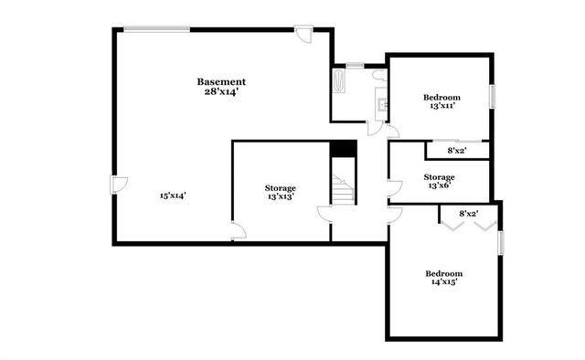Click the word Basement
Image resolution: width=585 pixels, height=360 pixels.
pyautogui.click(x=221, y=82)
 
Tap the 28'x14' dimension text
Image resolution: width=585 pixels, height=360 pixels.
pyautogui.click(x=221, y=92)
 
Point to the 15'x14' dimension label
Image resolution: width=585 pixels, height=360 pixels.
pyautogui.click(x=172, y=196)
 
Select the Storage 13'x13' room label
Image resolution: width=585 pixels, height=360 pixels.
pyautogui.click(x=281, y=192)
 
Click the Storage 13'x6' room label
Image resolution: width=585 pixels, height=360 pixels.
pyautogui.click(x=439, y=181)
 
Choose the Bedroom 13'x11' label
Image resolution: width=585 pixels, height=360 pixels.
pyautogui.click(x=441, y=101)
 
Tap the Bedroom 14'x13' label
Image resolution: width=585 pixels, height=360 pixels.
pyautogui.click(x=442, y=278)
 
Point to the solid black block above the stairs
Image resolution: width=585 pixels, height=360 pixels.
pyautogui.click(x=343, y=149)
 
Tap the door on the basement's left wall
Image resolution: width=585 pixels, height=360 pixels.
pyautogui.click(x=119, y=184)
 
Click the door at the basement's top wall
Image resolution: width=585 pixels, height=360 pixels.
pyautogui.click(x=303, y=36)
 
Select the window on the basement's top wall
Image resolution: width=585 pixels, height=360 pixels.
pyautogui.click(x=157, y=29)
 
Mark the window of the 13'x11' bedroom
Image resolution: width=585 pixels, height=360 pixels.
pyautogui.click(x=492, y=97)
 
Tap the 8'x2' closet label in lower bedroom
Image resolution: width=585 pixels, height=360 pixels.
pyautogui.click(x=467, y=213)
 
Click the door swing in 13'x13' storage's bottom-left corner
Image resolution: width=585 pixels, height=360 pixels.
pyautogui.click(x=238, y=231)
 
